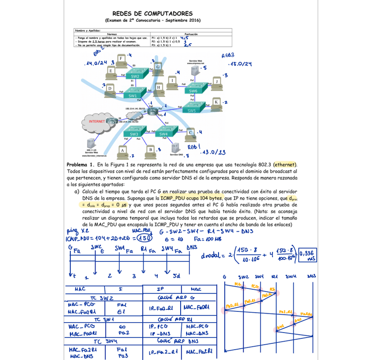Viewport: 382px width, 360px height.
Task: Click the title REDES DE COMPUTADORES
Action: click(152, 14)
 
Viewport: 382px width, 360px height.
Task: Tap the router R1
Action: click(154, 111)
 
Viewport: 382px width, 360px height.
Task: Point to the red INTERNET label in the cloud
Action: click(97, 121)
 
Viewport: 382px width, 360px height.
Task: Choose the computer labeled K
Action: click(217, 103)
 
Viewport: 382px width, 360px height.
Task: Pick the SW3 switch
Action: click(134, 134)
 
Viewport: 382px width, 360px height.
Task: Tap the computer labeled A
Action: click(122, 151)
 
